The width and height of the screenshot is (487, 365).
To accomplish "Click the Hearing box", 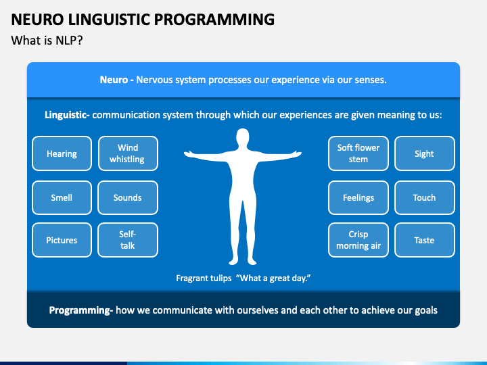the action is click(62, 153).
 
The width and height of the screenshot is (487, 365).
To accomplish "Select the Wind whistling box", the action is click(128, 153).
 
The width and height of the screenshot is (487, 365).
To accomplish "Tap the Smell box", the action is click(62, 197).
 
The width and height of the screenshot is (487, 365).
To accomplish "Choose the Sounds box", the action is click(128, 197).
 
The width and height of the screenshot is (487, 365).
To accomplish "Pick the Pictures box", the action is click(62, 240).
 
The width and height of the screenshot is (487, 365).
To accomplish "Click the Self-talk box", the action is click(128, 240).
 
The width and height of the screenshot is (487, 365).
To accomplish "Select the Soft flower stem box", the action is click(358, 153).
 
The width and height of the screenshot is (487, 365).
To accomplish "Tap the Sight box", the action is click(425, 153).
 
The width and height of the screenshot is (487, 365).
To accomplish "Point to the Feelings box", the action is click(358, 197).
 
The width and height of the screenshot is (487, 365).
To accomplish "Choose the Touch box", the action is click(425, 197).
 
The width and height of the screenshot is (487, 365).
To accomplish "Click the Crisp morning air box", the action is click(358, 240).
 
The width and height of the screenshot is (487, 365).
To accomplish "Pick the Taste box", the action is click(425, 240).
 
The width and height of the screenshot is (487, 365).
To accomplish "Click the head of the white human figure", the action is click(243, 137).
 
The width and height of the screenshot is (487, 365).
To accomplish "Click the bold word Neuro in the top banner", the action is click(114, 80).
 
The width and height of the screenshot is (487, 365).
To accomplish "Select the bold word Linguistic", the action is click(66, 115).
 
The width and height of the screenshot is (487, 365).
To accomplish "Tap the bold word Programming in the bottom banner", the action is click(80, 310).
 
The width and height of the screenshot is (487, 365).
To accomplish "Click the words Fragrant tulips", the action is click(204, 278).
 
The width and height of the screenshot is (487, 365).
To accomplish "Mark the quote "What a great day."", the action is click(273, 278).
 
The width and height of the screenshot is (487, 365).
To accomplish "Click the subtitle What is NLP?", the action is click(47, 41).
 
